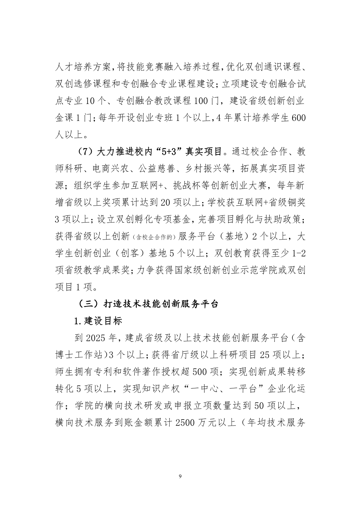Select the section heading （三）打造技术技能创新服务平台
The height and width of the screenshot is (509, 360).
pos(148,304)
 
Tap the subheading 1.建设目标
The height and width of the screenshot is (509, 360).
pos(98,321)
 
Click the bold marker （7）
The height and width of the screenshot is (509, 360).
pos(86,152)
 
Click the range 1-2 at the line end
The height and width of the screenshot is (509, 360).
pos(298,253)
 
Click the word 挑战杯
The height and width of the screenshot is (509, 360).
pos(186,186)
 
